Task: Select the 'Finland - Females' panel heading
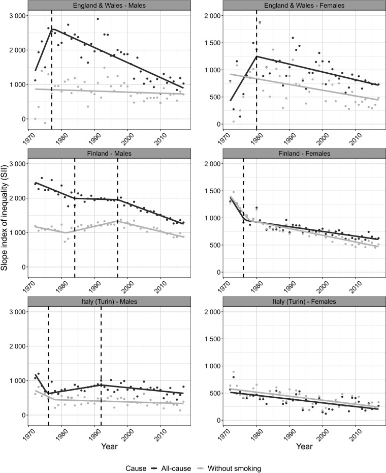click(304, 154)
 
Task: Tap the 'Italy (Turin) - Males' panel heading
click(109, 302)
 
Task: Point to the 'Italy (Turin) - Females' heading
click(304, 302)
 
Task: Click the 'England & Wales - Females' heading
click(304, 5)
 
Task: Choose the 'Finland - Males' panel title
click(109, 154)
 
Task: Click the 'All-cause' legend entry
click(175, 468)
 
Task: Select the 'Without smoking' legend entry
click(235, 468)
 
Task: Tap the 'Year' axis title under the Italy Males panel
click(109, 446)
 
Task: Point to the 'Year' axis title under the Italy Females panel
click(304, 446)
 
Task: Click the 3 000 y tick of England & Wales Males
click(18, 15)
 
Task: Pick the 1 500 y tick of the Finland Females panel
click(213, 191)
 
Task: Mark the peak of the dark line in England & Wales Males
click(52, 29)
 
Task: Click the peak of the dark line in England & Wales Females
click(256, 56)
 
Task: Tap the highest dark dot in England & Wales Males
click(98, 19)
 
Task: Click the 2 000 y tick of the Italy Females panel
click(213, 312)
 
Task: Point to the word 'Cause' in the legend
click(136, 468)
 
